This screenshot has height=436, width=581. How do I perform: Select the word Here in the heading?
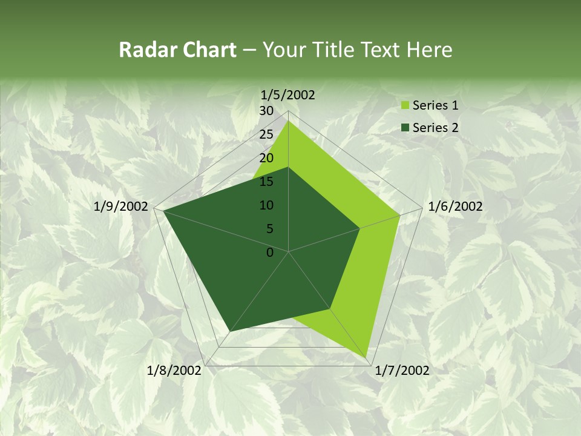[x=430, y=50]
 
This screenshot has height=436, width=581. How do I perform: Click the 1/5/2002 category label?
[x=288, y=95]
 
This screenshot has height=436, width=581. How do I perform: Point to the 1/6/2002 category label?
[x=455, y=206]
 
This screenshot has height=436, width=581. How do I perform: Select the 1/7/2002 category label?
[x=402, y=371]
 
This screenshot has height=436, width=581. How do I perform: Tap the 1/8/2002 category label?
[x=174, y=371]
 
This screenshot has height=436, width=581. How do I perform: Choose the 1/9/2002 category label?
[x=121, y=206]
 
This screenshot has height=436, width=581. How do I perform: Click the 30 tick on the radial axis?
[x=266, y=111]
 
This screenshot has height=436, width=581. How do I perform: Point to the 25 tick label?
[x=266, y=134]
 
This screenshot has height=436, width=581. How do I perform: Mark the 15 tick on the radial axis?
[x=266, y=182]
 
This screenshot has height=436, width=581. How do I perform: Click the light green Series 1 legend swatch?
[x=405, y=106]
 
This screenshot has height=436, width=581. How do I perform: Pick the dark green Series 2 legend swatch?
[x=405, y=128]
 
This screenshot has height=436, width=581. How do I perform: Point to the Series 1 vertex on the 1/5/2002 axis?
[x=289, y=121]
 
